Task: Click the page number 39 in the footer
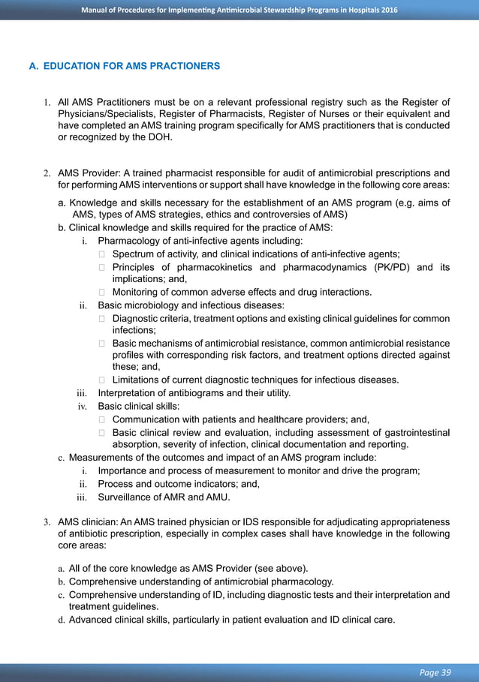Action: [x=445, y=672]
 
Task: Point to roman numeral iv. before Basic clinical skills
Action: [x=83, y=406]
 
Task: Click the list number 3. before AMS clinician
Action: [x=46, y=522]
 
